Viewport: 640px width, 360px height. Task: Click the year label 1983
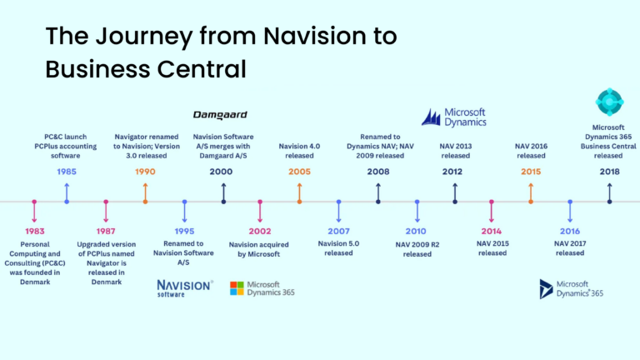[34, 231]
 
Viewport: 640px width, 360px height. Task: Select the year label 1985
[67, 171]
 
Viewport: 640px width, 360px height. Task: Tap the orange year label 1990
[145, 171]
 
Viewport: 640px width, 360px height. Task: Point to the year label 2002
[261, 231]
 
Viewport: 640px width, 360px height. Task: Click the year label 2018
[609, 171]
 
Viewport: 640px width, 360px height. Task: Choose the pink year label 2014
[492, 231]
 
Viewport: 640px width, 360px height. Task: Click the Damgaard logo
[220, 114]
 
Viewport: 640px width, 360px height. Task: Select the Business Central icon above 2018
[609, 102]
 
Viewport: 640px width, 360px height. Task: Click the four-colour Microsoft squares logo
[237, 288]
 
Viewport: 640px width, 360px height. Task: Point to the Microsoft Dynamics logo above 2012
[453, 117]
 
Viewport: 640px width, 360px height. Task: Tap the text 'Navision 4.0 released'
[300, 149]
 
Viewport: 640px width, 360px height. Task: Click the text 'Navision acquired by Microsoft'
[261, 248]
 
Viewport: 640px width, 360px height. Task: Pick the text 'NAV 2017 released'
[570, 247]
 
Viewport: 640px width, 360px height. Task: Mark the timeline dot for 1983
[34, 202]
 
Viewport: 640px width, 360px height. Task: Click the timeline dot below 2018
[609, 202]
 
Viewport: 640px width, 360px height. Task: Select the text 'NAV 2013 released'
[455, 149]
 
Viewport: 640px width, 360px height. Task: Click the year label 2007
[338, 231]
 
